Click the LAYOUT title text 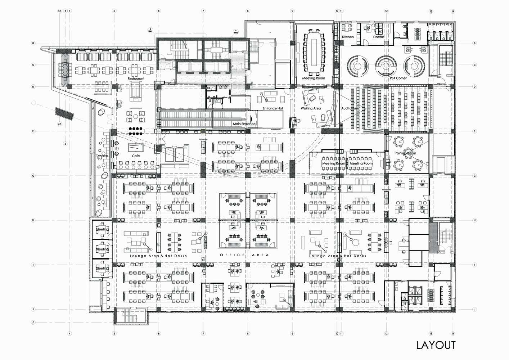tap(436, 345)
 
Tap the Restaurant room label tap(136, 78)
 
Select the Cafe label tap(136, 156)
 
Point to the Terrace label tap(102, 156)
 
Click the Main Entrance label tap(244, 124)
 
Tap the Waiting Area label tap(311, 108)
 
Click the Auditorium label tap(350, 108)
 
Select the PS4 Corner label tap(398, 78)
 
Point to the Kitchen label tap(348, 37)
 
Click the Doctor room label tap(379, 37)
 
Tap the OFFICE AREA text tap(244, 255)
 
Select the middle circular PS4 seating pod tap(385, 64)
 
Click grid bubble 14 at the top tap(453, 11)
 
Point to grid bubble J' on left tap(33, 323)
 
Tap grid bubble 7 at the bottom tap(203, 334)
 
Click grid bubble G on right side tap(475, 176)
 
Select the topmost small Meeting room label tap(102, 230)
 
